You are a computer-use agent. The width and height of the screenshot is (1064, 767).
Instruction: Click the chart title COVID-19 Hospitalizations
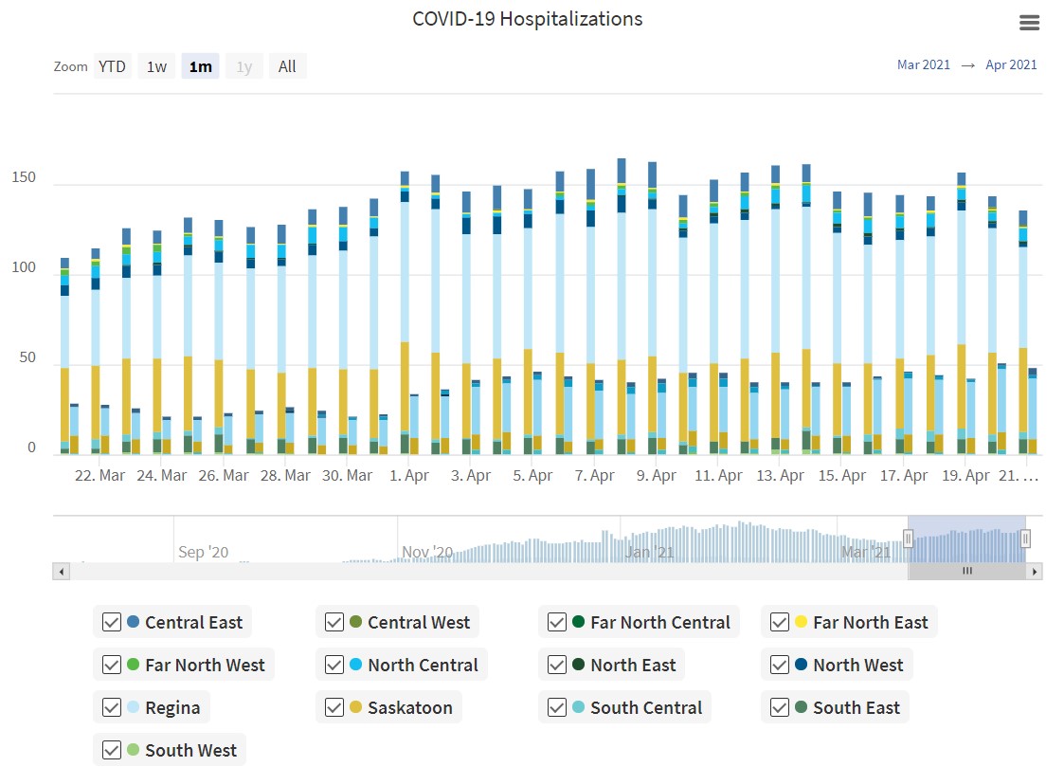point(527,19)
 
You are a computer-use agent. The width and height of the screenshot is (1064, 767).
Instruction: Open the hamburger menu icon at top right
point(1029,23)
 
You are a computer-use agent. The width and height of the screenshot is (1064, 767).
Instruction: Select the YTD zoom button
point(112,66)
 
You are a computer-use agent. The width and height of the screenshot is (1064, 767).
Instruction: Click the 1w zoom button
point(156,66)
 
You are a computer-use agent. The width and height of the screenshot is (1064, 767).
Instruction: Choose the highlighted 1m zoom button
point(200,66)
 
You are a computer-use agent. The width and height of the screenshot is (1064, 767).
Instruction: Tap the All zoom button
point(287,66)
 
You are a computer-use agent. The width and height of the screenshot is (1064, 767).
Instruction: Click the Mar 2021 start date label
point(923,65)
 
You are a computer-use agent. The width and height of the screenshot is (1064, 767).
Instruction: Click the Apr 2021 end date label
point(1011,65)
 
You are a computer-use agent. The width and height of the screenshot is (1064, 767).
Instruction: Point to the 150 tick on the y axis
point(24,178)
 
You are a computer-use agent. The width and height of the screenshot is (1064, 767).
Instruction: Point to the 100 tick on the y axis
point(24,268)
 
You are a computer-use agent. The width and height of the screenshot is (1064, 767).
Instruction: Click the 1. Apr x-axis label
point(409,476)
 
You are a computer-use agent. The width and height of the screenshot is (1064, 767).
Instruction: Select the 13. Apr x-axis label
point(780,476)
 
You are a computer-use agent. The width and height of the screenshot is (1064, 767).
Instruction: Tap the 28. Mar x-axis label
point(285,476)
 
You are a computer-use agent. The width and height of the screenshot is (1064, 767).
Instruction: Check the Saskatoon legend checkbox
point(334,707)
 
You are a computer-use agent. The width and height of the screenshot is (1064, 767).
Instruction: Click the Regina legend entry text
point(172,707)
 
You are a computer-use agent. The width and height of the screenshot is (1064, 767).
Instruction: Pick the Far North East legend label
point(870,623)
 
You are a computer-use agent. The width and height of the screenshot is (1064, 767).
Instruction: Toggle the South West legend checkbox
point(111,750)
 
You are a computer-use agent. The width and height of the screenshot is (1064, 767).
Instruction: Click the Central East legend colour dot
point(133,623)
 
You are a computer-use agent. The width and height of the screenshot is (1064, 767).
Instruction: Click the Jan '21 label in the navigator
point(651,552)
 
